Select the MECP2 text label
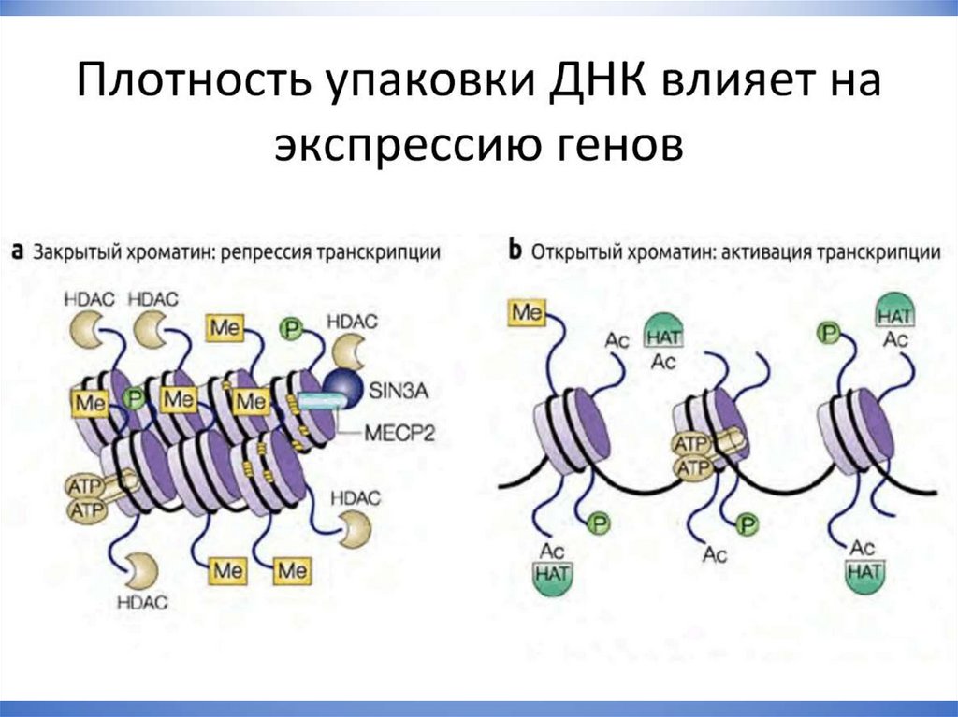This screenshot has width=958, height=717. pos(394,432)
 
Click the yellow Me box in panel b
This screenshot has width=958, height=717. pos(528,312)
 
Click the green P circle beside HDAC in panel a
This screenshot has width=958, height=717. pos(292,327)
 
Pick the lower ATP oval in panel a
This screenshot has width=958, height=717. pos(86,509)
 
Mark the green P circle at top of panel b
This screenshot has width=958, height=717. pos(827,332)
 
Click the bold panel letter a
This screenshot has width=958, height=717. pos(18,252)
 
